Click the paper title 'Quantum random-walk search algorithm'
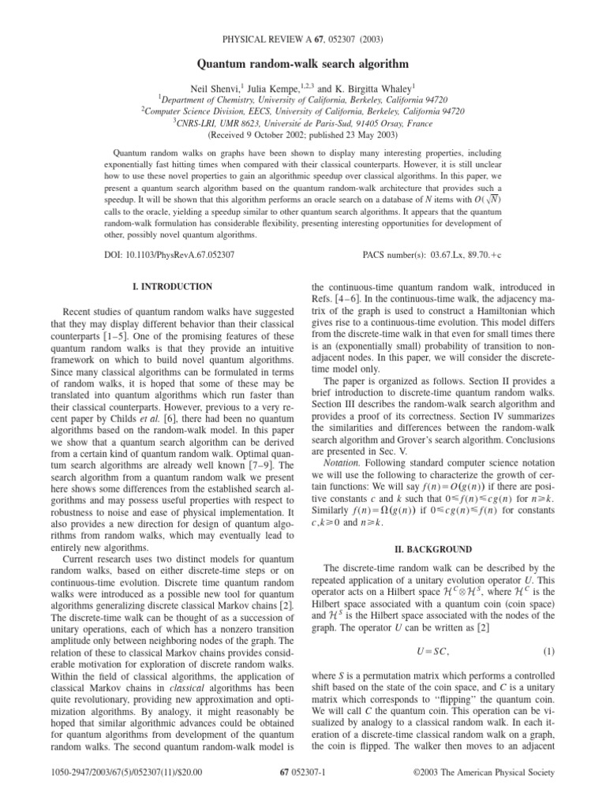pos(302,62)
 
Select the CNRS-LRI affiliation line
pos(302,123)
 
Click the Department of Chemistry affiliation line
pos(302,100)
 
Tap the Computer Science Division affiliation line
pos(302,111)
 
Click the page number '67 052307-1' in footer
pos(302,789)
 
